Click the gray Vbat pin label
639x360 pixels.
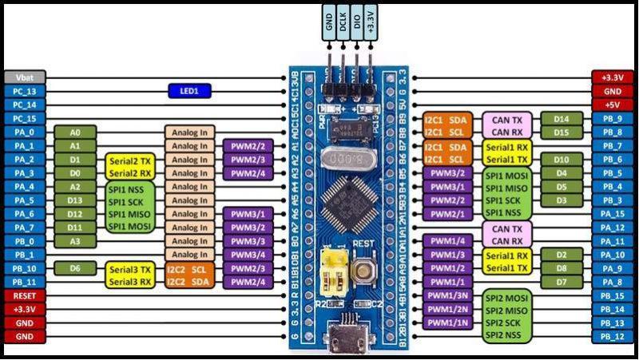(25, 77)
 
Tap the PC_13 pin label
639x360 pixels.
(25, 91)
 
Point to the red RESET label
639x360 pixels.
(25, 295)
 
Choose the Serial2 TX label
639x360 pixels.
(130, 160)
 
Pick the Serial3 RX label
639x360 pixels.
(130, 282)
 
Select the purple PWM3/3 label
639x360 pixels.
(248, 241)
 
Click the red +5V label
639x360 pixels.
(613, 105)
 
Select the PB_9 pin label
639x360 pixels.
(613, 118)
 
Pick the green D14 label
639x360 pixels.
(562, 118)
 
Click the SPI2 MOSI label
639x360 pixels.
(506, 295)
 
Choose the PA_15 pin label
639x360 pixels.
(613, 214)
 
